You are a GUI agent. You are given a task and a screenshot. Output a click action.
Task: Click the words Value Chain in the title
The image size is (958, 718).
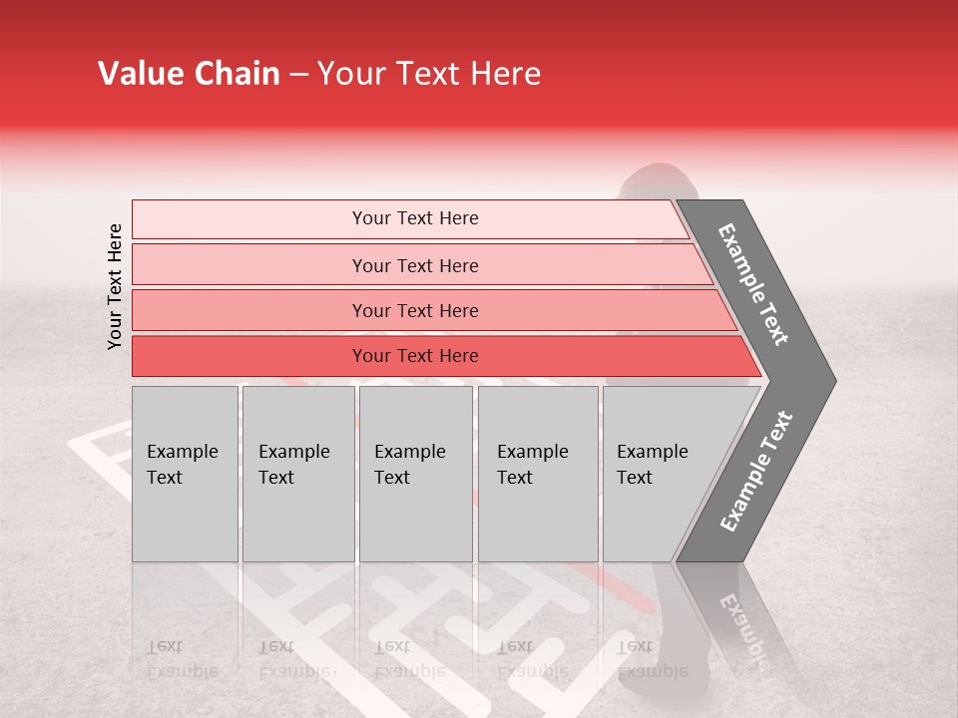189,74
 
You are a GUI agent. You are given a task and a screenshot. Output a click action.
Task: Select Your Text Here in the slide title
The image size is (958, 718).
429,74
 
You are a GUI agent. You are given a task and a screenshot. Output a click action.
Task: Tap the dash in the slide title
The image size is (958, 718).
298,75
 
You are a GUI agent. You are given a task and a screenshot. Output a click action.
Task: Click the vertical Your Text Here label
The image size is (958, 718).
115,286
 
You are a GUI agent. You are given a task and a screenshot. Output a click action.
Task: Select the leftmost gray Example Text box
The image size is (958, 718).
185,474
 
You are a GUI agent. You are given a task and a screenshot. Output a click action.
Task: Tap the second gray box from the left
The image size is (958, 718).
298,474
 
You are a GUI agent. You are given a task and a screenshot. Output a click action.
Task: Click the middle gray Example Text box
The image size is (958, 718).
415,474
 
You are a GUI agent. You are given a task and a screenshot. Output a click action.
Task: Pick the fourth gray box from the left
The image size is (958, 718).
538,474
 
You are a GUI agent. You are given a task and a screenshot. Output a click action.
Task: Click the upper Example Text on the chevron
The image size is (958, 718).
754,284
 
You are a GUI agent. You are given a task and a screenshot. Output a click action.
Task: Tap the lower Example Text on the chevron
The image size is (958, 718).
756,472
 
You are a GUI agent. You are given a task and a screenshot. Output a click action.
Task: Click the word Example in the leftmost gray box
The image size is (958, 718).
182,452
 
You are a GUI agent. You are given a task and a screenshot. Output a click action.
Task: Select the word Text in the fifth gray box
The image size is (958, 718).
634,478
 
